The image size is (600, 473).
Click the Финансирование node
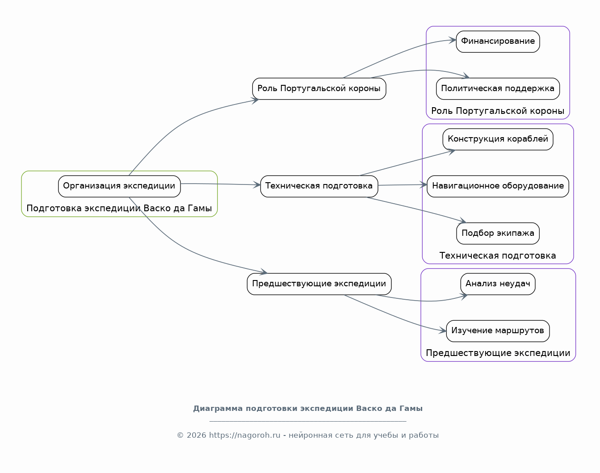pos(498,42)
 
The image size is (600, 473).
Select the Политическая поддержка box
pos(498,88)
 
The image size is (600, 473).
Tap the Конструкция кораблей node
pos(498,139)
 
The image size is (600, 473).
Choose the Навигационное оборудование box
pos(498,186)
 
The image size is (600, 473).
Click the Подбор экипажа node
pos(498,233)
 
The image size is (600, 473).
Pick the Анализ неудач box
pos(498,284)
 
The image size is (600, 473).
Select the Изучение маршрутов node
pos(498,331)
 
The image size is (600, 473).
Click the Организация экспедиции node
pos(119,186)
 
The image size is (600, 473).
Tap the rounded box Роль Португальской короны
pos(319,88)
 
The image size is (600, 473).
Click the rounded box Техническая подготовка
pos(319,186)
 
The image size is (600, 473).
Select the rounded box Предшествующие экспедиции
pos(319,284)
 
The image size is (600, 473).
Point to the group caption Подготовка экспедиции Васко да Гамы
pos(119,208)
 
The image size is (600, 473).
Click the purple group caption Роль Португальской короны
pos(498,111)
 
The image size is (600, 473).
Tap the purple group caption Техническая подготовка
pos(498,255)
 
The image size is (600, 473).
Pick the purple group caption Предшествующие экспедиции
pos(498,353)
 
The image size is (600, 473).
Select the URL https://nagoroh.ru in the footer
pos(244,435)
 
